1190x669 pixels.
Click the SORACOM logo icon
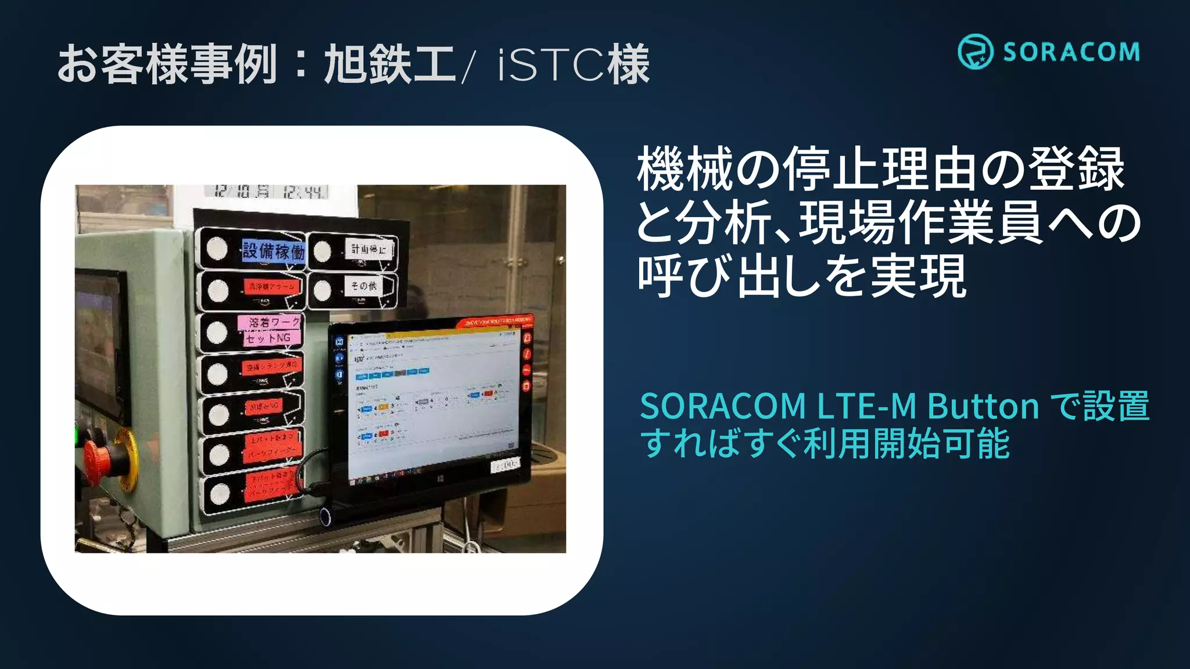975,52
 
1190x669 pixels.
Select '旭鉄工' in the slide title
389,64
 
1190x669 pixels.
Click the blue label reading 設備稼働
273,251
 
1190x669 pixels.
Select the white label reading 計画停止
368,249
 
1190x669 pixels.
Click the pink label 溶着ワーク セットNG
270,330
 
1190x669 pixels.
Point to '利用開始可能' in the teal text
906,444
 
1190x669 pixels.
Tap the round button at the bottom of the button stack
220,494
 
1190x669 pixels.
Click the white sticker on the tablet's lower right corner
505,465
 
